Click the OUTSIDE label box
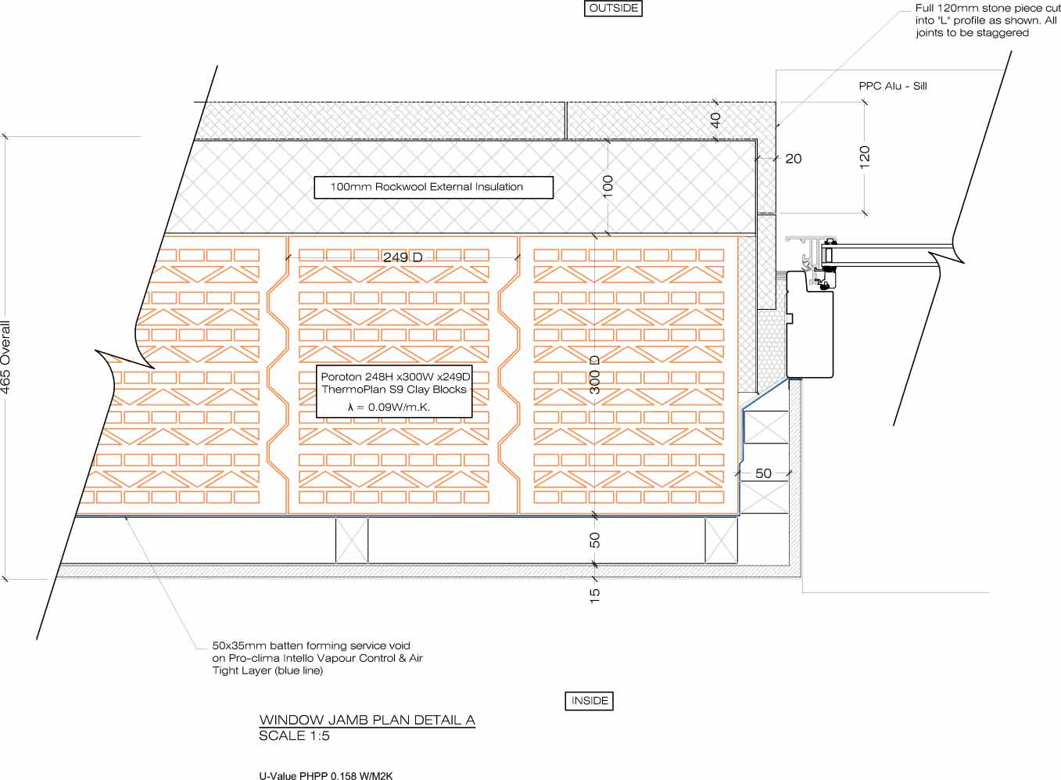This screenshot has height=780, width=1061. pyautogui.click(x=613, y=9)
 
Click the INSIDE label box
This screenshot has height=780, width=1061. pyautogui.click(x=590, y=700)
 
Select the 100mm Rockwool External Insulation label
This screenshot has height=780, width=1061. pyautogui.click(x=433, y=187)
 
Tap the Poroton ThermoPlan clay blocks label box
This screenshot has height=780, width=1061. pyautogui.click(x=394, y=391)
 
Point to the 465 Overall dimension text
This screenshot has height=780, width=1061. pyautogui.click(x=5, y=358)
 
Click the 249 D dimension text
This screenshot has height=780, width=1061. pyautogui.click(x=403, y=257)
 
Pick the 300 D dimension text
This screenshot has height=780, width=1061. pyautogui.click(x=595, y=375)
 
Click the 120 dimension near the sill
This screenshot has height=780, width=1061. pyautogui.click(x=865, y=157)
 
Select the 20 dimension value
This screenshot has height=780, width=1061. pyautogui.click(x=794, y=159)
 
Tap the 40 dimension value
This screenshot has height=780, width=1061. pyautogui.click(x=715, y=120)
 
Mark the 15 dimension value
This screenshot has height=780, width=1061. pyautogui.click(x=594, y=595)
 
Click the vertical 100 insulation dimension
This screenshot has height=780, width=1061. pyautogui.click(x=608, y=187)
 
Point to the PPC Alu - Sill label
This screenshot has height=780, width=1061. pyautogui.click(x=892, y=86)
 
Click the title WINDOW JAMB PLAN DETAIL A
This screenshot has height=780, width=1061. pyautogui.click(x=367, y=720)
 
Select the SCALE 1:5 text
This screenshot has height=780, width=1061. pyautogui.click(x=294, y=735)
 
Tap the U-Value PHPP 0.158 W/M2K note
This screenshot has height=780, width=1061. pyautogui.click(x=326, y=776)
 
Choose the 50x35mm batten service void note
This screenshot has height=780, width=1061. pyautogui.click(x=317, y=658)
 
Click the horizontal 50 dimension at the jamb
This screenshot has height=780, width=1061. pyautogui.click(x=763, y=473)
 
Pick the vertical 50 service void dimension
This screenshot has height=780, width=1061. pyautogui.click(x=594, y=540)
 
